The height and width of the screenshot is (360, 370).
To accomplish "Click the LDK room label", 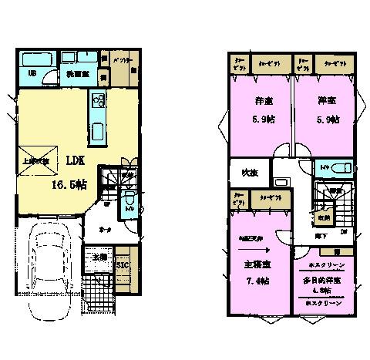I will [75, 161].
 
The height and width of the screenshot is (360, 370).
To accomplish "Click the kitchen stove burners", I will [98, 99].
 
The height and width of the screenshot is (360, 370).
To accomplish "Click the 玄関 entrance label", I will [98, 257].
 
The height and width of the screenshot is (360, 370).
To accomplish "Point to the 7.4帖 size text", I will [255, 281].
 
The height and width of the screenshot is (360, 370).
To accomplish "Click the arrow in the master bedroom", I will [254, 249].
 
